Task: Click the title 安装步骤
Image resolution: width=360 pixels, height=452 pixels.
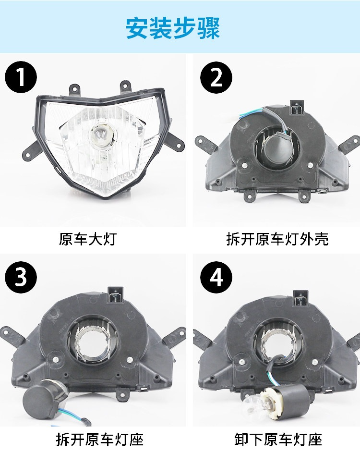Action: tap(173, 28)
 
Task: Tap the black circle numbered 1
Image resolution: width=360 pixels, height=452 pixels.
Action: tap(21, 77)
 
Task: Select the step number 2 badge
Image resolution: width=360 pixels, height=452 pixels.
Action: tap(216, 77)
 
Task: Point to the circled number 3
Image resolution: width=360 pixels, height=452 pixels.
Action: tap(21, 277)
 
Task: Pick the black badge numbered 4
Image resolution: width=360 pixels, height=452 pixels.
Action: tap(216, 277)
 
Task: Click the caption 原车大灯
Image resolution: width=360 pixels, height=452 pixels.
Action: tap(87, 239)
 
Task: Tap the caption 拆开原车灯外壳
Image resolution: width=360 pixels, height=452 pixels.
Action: tap(277, 239)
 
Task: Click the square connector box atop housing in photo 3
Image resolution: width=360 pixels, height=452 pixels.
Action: tap(115, 294)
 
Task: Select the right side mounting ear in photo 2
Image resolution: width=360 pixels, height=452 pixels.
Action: tap(349, 144)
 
